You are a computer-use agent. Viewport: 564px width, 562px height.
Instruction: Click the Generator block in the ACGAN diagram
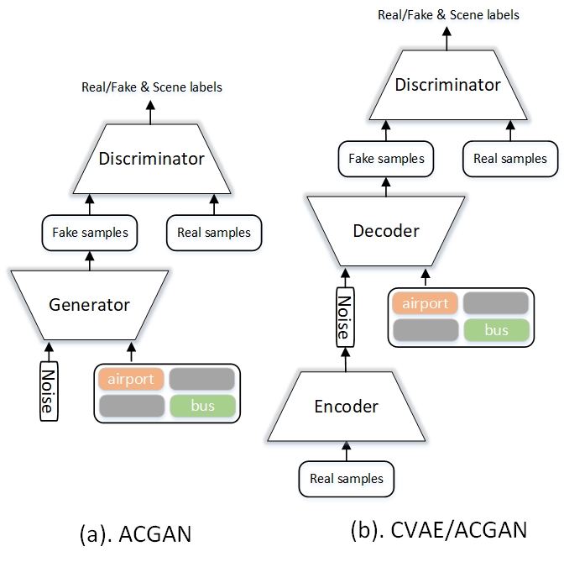click(x=90, y=305)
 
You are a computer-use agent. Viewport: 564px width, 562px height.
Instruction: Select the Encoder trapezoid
click(x=347, y=407)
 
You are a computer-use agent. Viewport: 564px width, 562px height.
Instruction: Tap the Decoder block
click(x=386, y=231)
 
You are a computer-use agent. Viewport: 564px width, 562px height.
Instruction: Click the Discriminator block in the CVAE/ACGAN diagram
click(x=448, y=85)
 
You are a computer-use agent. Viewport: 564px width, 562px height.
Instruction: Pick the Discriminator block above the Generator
click(x=151, y=159)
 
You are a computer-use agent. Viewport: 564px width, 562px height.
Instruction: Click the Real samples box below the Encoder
click(x=347, y=479)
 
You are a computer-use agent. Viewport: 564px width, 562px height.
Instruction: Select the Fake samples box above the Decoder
click(x=386, y=159)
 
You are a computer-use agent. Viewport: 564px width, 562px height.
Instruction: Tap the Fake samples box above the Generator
click(x=90, y=233)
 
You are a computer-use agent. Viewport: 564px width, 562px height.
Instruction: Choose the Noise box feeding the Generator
click(x=49, y=391)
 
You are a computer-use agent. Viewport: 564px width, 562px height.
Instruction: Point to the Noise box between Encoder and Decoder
click(x=345, y=318)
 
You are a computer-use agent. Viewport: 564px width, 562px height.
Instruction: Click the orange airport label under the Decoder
click(x=426, y=303)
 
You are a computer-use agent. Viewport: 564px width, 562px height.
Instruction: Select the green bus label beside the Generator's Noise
click(x=202, y=406)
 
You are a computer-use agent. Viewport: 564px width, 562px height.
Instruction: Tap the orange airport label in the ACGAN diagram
click(x=131, y=379)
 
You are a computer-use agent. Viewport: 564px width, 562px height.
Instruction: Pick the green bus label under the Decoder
click(x=496, y=330)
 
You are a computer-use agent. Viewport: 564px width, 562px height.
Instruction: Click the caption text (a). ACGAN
click(x=135, y=534)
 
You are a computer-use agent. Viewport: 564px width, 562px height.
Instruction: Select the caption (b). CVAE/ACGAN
click(x=439, y=530)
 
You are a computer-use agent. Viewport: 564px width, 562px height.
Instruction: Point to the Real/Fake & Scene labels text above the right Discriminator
click(x=448, y=15)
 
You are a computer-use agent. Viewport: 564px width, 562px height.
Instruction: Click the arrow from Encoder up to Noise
click(x=345, y=360)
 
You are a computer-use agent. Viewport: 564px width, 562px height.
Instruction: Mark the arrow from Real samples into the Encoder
click(x=347, y=451)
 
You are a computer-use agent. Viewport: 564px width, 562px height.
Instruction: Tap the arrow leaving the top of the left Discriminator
click(x=150, y=113)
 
